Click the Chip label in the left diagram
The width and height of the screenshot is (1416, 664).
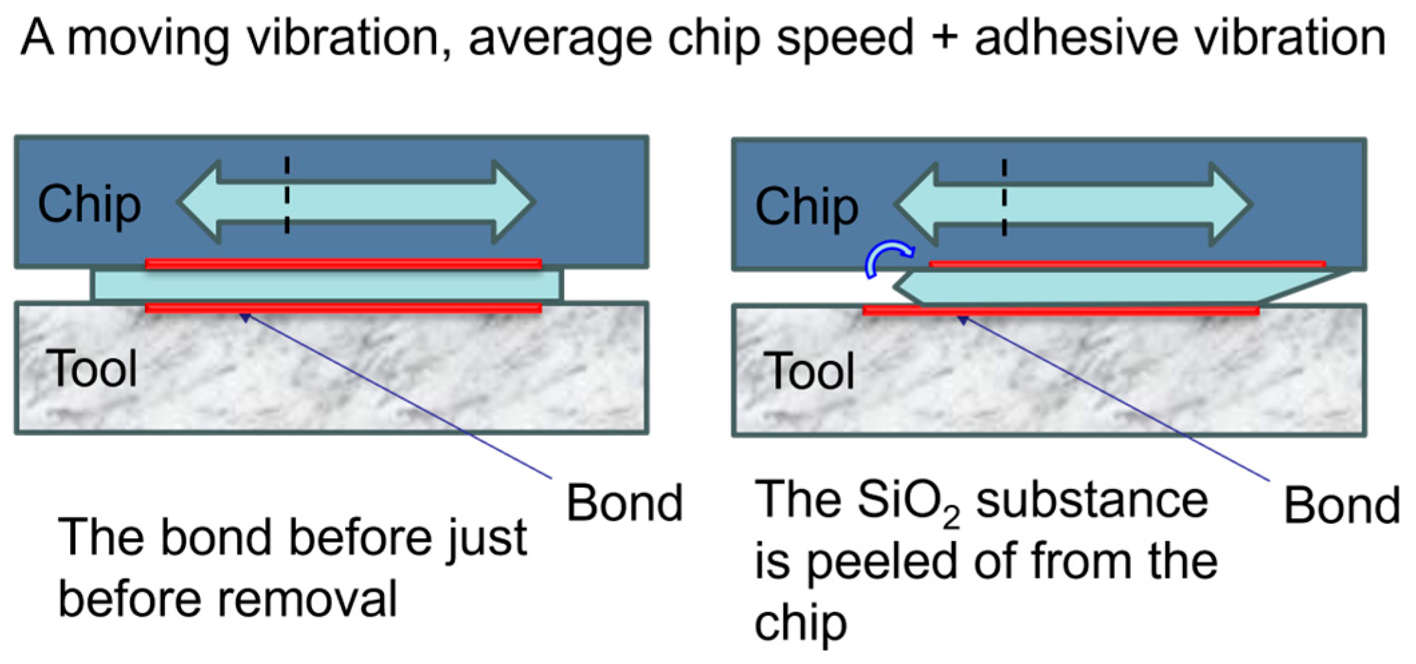click(x=89, y=204)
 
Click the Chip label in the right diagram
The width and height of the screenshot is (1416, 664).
click(x=806, y=207)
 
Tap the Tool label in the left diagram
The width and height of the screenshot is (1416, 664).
click(x=91, y=368)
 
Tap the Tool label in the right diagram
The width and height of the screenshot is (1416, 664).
click(x=809, y=371)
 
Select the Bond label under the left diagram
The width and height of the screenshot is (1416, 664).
click(x=624, y=503)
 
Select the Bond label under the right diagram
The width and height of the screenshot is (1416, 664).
click(x=1341, y=506)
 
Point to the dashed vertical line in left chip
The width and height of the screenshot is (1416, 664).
click(x=287, y=195)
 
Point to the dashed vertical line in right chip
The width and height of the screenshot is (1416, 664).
click(x=1004, y=198)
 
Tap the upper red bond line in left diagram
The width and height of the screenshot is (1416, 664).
click(x=343, y=264)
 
